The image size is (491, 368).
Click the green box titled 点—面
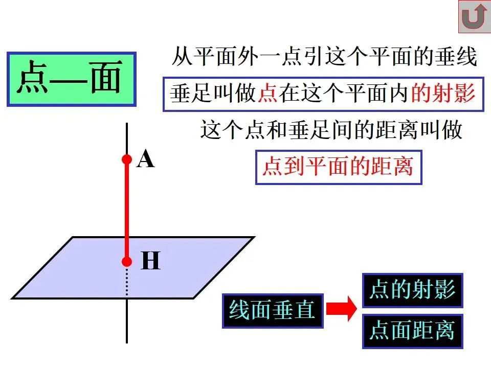click(71, 79)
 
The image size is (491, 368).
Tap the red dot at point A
click(127, 160)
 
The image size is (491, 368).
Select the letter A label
click(146, 160)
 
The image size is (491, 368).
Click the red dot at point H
click(127, 262)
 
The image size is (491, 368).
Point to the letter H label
click(150, 262)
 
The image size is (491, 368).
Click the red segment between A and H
click(127, 210)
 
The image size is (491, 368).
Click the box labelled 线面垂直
click(273, 311)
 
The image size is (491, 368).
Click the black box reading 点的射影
click(412, 290)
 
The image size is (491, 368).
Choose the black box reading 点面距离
click(412, 331)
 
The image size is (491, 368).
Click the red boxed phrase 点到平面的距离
click(338, 167)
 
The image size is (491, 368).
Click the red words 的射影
click(443, 94)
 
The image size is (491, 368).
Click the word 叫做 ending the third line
click(441, 130)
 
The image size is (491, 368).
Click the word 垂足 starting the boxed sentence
click(191, 94)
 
